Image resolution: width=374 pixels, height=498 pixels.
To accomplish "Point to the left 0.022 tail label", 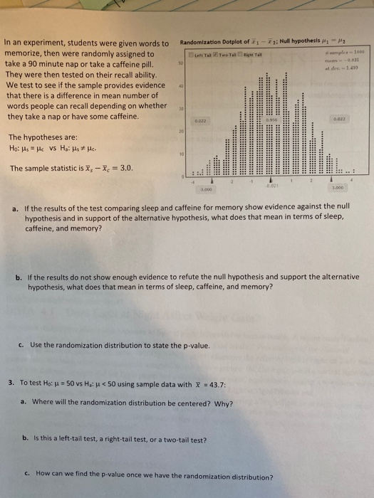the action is click(x=201, y=122).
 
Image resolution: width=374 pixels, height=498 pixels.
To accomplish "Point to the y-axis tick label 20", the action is click(x=181, y=132).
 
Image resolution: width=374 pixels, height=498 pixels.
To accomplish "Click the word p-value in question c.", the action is click(x=194, y=346).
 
